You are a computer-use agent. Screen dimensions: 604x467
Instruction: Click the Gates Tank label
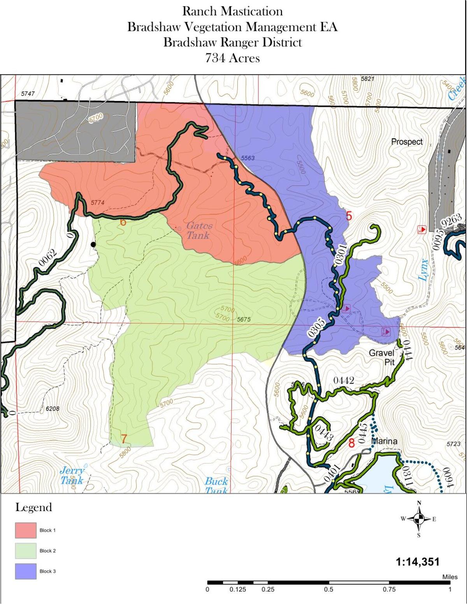[199, 230]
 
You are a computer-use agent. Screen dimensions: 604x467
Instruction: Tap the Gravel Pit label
[381, 357]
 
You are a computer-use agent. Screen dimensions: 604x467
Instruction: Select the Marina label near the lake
[384, 441]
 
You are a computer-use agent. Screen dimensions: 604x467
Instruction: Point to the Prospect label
[407, 142]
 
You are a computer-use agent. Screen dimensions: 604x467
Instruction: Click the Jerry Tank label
[72, 475]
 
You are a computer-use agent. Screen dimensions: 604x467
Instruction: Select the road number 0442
[344, 381]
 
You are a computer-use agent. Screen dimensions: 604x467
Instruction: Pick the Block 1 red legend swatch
[26, 530]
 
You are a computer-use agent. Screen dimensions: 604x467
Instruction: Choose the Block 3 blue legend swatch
[26, 571]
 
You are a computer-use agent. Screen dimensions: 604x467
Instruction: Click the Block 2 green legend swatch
[26, 551]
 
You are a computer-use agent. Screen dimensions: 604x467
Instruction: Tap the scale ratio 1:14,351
[417, 562]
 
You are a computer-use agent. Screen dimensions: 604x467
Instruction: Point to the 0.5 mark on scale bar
[328, 589]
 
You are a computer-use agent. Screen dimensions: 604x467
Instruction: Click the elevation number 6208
[53, 409]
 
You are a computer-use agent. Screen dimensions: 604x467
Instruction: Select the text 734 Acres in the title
[232, 58]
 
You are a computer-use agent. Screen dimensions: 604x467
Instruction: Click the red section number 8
[351, 443]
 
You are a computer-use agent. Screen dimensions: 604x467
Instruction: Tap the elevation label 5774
[98, 202]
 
